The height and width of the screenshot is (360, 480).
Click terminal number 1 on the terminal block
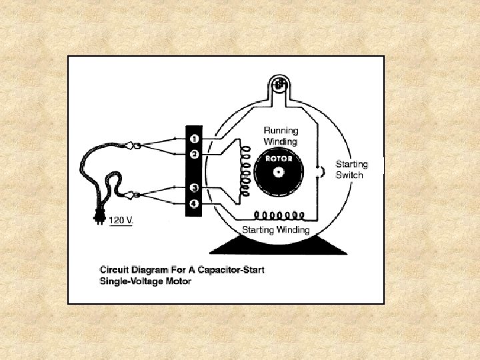(x=193, y=139)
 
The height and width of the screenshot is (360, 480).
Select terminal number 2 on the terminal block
(x=193, y=154)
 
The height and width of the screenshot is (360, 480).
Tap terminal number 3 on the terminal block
(x=193, y=188)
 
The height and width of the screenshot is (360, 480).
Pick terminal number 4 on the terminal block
(x=193, y=203)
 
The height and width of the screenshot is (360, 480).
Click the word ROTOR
(x=279, y=159)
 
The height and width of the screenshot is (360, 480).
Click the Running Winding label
(x=281, y=136)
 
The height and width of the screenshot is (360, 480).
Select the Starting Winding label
(x=276, y=230)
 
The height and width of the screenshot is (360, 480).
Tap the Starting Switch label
(x=349, y=169)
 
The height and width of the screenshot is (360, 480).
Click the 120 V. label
(x=121, y=220)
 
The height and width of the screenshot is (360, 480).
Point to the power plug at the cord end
(x=98, y=217)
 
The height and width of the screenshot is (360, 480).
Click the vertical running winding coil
(x=246, y=171)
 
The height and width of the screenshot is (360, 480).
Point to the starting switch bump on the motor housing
(x=321, y=172)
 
